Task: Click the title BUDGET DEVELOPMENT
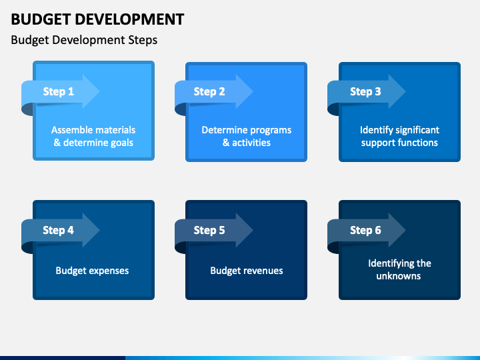coord(97,19)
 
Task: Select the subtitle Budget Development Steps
coord(84,40)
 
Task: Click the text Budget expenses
coord(92,271)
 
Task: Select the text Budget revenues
coord(247,271)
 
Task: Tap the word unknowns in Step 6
coord(399,276)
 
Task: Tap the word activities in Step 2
coord(251,143)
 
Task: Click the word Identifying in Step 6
coord(387,263)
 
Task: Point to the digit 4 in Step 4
coord(71,230)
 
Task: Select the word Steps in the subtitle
coord(143,41)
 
